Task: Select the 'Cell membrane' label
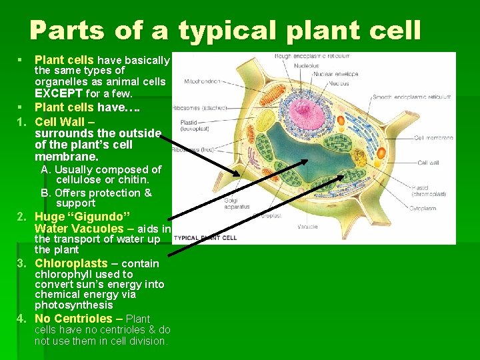coord(433,138)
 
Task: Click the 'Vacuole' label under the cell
coord(308,227)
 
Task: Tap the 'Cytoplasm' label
coord(431,207)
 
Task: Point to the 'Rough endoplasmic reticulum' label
coord(311,56)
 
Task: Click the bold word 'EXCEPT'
coord(59,93)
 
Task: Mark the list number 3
coord(21,263)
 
